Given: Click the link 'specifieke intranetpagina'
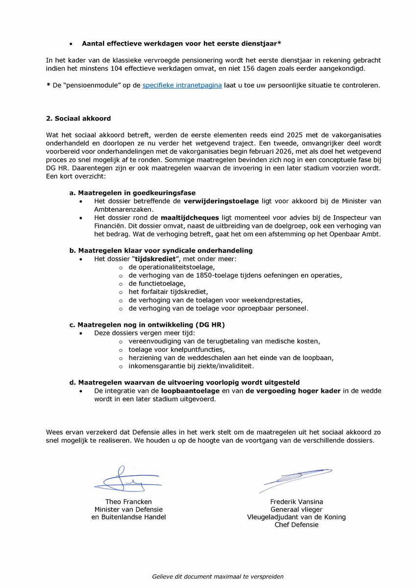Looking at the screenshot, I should [x=182, y=85].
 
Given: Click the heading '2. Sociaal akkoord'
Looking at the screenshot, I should [x=78, y=119].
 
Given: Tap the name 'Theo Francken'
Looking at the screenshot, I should [x=128, y=501].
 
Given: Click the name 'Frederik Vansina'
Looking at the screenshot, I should [x=296, y=501].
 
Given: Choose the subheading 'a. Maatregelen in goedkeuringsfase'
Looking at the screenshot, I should [x=132, y=193].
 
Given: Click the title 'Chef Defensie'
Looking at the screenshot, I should [x=296, y=525].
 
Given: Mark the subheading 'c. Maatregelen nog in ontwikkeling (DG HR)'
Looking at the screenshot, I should [x=147, y=324].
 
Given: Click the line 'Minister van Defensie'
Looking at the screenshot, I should [x=128, y=509].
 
